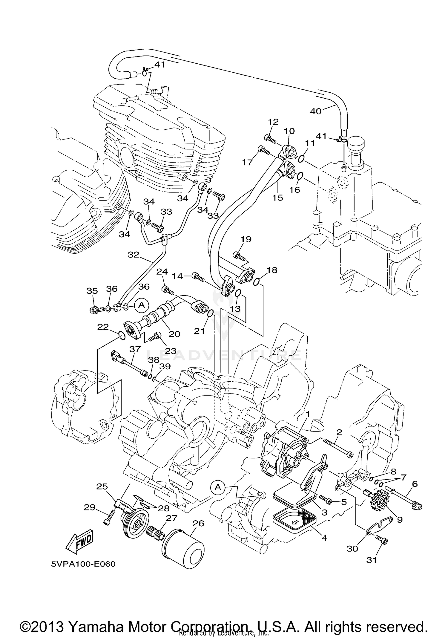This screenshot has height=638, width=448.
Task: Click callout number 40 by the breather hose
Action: [x=316, y=111]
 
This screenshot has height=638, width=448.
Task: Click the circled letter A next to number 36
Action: [x=142, y=305]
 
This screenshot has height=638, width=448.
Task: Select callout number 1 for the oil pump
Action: [x=307, y=414]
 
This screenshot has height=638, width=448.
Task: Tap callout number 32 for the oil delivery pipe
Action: [x=134, y=255]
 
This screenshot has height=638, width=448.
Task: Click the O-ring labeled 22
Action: [x=121, y=337]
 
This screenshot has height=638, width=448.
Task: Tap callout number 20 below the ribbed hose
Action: [x=174, y=334]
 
